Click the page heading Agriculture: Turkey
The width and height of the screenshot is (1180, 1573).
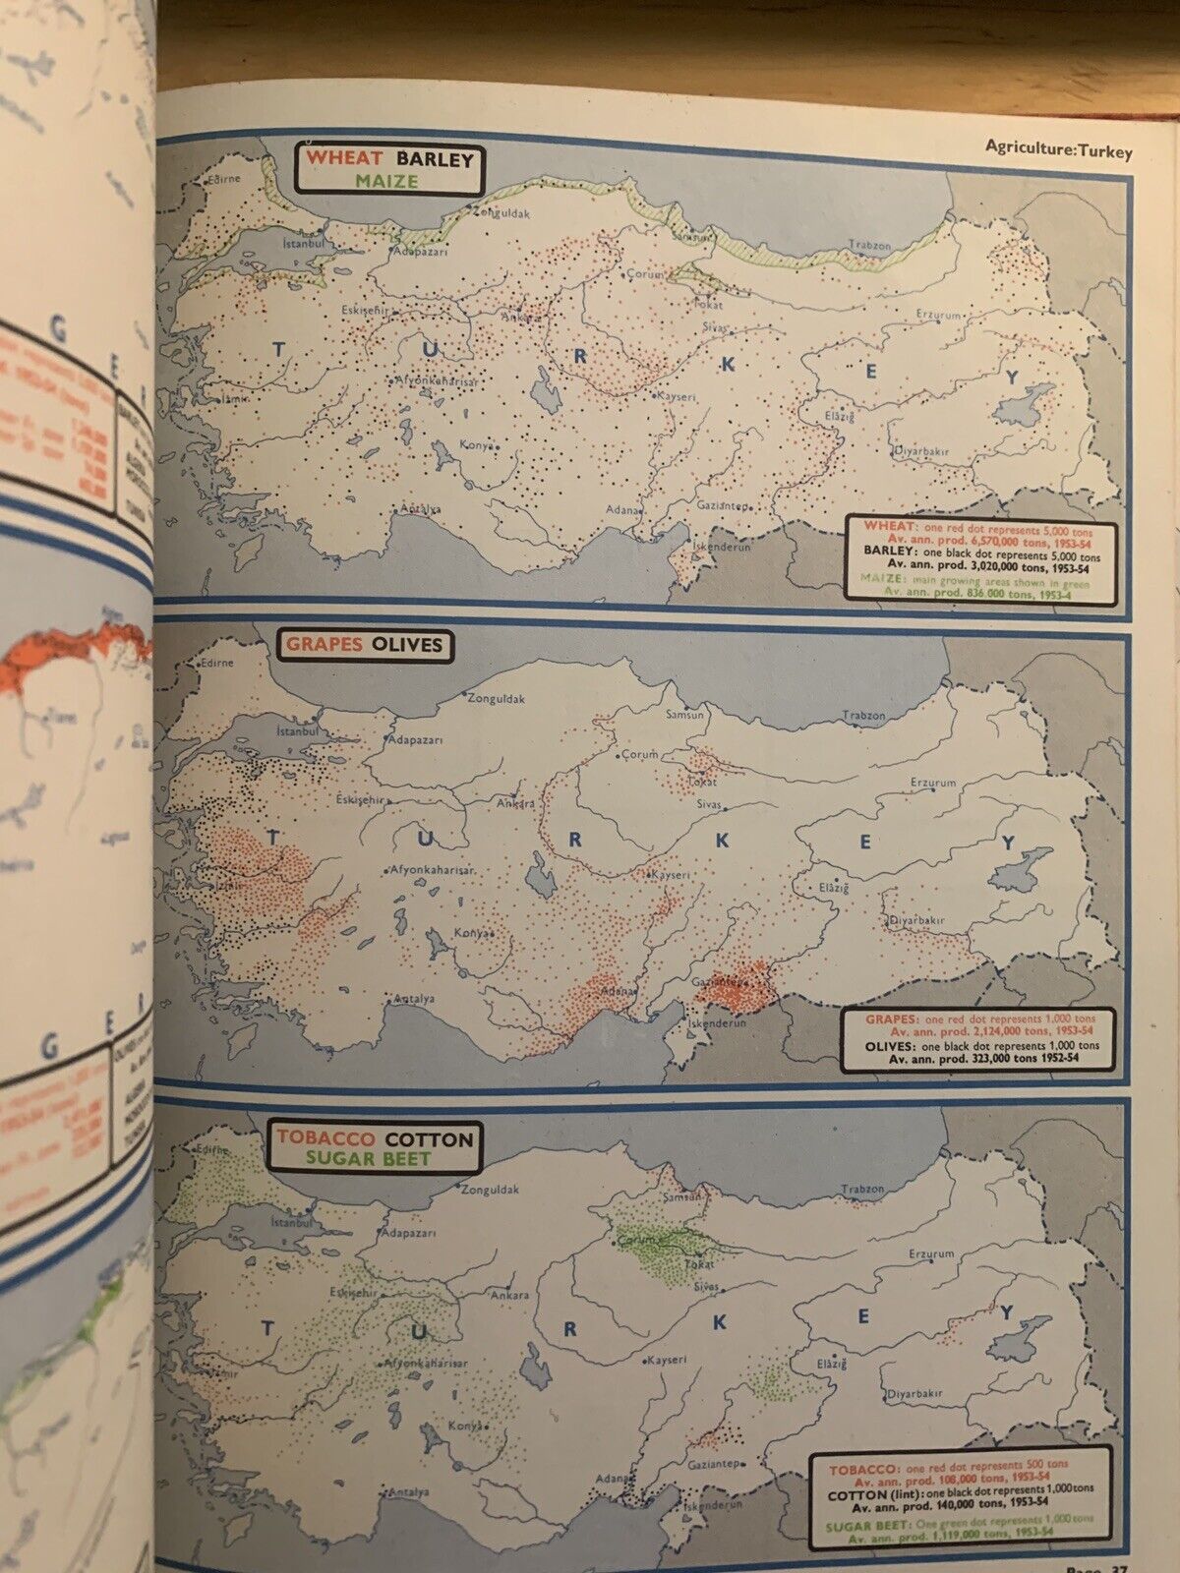(x=1059, y=150)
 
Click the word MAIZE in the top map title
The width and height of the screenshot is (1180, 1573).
(x=386, y=181)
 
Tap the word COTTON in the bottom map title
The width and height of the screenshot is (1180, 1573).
(x=429, y=1139)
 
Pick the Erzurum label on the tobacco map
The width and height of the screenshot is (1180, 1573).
(x=930, y=1253)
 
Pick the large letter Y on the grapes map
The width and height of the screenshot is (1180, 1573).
(x=1007, y=844)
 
